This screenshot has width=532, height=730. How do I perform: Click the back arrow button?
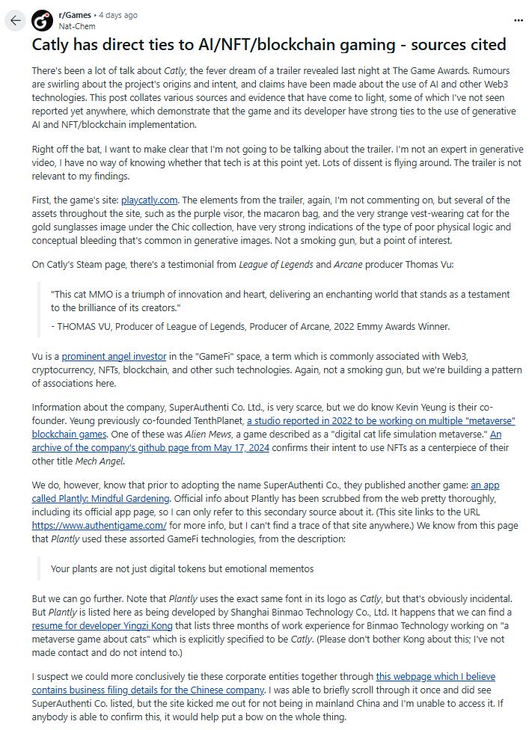15,20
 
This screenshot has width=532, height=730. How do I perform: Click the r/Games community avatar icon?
43,19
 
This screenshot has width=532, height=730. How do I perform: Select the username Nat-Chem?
76,25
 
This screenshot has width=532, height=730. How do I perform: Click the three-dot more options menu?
519,20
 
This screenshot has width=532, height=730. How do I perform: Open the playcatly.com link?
149,200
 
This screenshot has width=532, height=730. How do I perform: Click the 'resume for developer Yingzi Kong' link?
102,625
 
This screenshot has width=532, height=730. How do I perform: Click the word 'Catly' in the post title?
53,45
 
